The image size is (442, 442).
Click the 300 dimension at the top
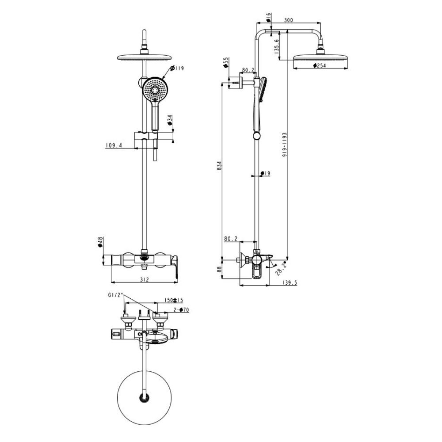pos(289,20)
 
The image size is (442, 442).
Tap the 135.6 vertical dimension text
pos(277,46)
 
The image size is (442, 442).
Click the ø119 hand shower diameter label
pos(177,68)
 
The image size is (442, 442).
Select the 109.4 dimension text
pos(114,145)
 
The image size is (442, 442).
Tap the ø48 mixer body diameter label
pos(100,243)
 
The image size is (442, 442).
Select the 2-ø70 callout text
pos(181,310)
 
